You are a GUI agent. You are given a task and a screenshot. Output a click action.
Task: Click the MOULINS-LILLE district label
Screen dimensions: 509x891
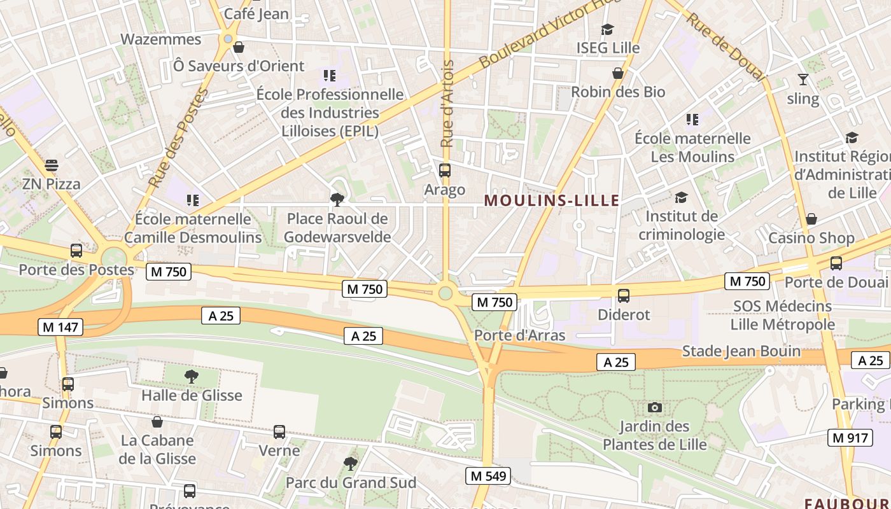pos(551,201)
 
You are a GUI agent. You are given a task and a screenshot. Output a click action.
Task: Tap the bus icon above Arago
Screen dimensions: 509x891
pos(445,171)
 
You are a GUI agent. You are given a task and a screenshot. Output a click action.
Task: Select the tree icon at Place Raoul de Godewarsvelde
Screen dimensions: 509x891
pos(337,200)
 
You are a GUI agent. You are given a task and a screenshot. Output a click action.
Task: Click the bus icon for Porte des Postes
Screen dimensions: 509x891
pos(76,251)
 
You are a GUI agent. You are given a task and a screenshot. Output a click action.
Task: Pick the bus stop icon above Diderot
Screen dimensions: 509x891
pos(624,296)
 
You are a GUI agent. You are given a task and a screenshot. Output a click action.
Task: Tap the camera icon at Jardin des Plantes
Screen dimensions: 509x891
pos(654,407)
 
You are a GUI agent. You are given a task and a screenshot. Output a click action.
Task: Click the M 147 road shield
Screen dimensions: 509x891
pos(60,328)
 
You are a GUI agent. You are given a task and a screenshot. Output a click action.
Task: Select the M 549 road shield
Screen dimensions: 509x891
pos(488,476)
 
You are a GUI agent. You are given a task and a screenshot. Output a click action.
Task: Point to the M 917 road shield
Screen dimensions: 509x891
pos(850,438)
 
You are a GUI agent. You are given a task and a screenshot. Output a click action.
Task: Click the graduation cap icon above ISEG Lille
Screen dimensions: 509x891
pos(607,29)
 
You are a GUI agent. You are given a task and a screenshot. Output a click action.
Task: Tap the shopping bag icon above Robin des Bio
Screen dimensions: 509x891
pos(617,74)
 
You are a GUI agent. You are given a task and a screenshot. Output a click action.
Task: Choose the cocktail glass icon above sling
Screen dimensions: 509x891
pos(803,80)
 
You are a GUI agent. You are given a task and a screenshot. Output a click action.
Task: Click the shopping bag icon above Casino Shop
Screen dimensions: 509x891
pos(811,220)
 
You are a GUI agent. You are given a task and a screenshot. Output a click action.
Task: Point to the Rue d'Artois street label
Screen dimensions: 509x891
pos(447,104)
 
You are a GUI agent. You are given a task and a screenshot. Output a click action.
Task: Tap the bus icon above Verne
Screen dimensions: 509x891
pos(279,432)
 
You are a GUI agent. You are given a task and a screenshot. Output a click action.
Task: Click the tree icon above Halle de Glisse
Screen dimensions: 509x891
pos(191,377)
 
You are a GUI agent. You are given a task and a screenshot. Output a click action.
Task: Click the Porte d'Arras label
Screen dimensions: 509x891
pos(520,335)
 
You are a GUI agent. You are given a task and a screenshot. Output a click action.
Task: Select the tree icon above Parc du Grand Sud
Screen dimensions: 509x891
pos(350,463)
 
